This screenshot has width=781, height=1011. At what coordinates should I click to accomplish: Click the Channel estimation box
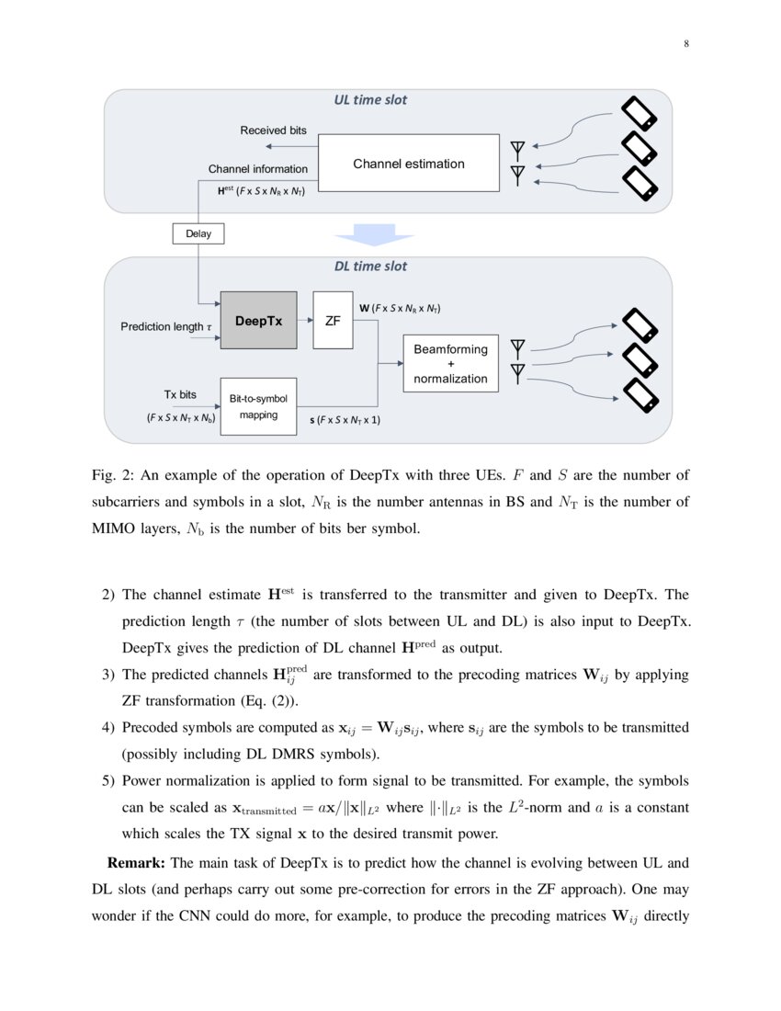[409, 164]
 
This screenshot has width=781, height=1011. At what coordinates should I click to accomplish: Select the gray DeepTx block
[258, 321]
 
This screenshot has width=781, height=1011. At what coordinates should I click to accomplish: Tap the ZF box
[333, 321]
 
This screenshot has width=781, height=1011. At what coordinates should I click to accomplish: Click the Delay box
[198, 233]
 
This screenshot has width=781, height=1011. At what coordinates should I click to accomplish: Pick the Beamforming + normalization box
[450, 363]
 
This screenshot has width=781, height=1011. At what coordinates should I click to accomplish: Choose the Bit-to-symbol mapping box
[258, 406]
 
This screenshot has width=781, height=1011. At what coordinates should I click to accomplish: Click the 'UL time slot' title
[370, 100]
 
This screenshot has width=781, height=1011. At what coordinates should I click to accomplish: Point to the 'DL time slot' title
[370, 267]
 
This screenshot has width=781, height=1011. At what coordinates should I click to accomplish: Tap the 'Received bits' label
[273, 131]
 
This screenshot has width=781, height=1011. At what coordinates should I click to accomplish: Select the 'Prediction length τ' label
[166, 326]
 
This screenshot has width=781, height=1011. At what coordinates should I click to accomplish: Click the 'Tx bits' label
[180, 394]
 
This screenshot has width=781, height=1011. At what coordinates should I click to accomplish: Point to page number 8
[686, 43]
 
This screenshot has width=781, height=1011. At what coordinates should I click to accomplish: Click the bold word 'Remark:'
[137, 863]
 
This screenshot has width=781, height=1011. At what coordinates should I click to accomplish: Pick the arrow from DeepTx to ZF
[305, 321]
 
